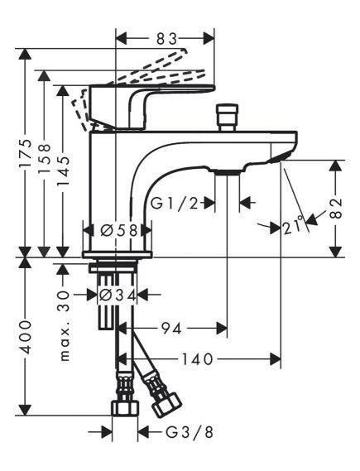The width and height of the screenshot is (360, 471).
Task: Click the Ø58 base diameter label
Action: (118, 230)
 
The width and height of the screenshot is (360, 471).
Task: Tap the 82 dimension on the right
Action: (336, 207)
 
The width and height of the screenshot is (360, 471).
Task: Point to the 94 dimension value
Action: (170, 329)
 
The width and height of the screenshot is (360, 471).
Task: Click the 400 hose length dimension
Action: (26, 335)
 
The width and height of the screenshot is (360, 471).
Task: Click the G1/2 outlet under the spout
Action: (226, 171)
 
